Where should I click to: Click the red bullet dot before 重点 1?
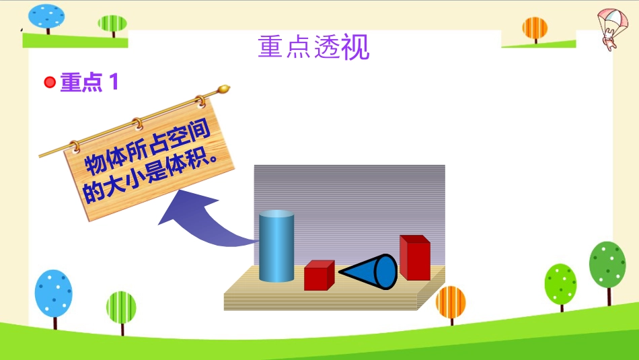click(x=50, y=82)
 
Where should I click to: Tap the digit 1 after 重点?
click(x=114, y=81)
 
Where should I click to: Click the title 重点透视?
click(x=314, y=47)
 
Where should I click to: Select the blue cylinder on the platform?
click(x=276, y=246)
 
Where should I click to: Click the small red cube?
click(x=319, y=275)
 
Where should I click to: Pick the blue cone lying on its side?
click(x=368, y=272)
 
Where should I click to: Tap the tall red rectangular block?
click(x=415, y=258)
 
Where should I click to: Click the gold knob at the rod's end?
click(x=224, y=89)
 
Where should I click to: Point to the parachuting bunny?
click(x=613, y=30)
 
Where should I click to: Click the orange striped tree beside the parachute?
click(x=535, y=30)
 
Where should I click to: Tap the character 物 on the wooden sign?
click(x=94, y=163)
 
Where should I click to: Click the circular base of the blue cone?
click(x=385, y=272)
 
